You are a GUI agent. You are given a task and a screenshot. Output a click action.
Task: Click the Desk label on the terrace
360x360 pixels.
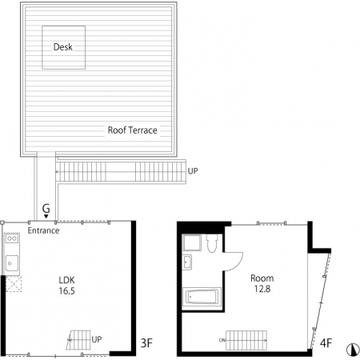click(63, 47)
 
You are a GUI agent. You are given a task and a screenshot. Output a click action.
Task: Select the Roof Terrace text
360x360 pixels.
click(132, 130)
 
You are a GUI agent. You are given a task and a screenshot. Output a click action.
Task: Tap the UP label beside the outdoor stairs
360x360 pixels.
click(193, 171)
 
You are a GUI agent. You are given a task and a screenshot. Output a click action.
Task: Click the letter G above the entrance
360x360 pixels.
click(46, 208)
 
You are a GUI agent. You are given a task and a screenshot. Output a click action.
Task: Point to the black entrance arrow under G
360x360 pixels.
click(46, 216)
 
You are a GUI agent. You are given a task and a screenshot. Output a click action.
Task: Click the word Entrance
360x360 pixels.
click(43, 230)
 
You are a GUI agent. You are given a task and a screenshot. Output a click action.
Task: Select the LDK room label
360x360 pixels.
click(66, 280)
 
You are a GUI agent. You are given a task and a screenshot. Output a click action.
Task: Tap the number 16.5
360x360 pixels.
click(66, 291)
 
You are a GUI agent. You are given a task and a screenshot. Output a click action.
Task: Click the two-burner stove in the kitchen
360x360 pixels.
click(12, 238)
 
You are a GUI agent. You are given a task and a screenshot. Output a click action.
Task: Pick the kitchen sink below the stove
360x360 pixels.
click(12, 263)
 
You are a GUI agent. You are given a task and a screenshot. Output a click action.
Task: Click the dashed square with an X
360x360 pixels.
click(14, 284)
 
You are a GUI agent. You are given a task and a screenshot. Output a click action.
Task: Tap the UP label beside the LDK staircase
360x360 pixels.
click(97, 339)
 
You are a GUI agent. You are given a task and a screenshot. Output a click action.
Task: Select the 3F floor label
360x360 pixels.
click(146, 343)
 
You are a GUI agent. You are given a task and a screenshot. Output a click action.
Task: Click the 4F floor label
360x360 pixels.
click(326, 343)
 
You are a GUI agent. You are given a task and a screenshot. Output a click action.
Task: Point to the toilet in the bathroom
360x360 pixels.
click(212, 242)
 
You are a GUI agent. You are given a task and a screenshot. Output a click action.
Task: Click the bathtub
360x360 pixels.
click(202, 297)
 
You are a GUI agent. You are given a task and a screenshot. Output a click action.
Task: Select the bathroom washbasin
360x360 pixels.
click(187, 262)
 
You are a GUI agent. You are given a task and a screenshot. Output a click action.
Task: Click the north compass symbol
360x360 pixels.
click(353, 350)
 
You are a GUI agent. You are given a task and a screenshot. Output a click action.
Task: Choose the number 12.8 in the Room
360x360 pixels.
click(262, 289)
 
